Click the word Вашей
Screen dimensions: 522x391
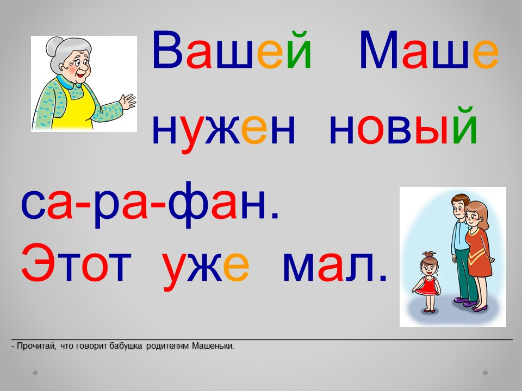(232, 49)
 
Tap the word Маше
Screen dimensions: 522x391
(429, 50)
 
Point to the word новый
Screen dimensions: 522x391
(403, 125)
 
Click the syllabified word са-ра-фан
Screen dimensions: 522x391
(150, 205)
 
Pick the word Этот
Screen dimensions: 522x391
(76, 262)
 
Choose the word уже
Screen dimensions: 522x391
(206, 268)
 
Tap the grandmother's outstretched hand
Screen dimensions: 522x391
(127, 101)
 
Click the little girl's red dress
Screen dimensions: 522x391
(426, 286)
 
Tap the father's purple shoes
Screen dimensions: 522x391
(465, 301)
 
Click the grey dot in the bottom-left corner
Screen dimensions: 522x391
(35, 373)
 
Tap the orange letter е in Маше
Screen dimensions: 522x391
(486, 54)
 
